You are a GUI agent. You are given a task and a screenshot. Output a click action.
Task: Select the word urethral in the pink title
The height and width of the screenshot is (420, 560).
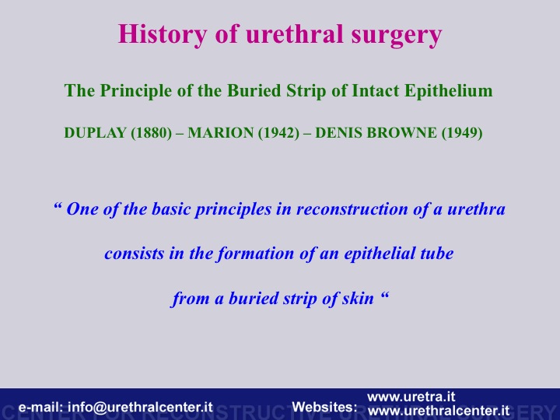coord(293,34)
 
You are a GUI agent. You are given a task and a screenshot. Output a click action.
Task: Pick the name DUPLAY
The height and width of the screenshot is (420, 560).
coord(96,133)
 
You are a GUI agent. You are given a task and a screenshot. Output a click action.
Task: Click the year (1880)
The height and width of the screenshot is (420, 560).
coord(152,133)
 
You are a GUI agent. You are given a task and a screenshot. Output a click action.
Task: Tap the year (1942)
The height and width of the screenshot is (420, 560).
coord(278,133)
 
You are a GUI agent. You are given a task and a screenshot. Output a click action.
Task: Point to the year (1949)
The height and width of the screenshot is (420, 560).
coord(462,133)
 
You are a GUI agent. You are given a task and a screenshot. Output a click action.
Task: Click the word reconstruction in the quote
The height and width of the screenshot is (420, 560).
coord(352,209)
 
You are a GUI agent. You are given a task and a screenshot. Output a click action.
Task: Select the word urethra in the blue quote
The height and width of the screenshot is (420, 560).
coord(476,209)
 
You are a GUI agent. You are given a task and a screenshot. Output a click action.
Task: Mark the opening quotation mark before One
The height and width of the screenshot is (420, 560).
coord(58,205)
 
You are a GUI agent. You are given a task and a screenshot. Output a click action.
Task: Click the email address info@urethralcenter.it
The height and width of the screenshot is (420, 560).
coord(140,407)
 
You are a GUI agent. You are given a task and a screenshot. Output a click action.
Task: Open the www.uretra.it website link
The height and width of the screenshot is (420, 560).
coord(411,397)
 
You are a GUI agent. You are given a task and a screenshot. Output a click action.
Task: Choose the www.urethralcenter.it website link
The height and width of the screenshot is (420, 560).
coord(438,411)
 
